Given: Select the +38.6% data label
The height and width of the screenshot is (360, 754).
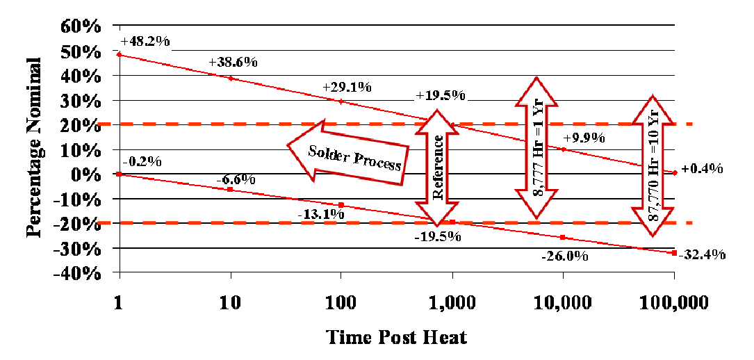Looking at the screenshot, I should click(233, 63).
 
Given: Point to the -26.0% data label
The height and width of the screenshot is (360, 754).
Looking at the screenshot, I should click(565, 256).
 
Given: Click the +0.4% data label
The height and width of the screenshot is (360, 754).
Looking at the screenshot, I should click(702, 169).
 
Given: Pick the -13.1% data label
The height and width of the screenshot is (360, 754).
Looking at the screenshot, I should click(320, 215).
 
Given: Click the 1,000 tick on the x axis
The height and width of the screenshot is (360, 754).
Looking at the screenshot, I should click(452, 303).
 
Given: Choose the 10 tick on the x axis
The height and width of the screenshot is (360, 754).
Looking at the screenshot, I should click(230, 303).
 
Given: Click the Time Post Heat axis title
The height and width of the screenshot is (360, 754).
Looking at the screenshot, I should click(397, 338).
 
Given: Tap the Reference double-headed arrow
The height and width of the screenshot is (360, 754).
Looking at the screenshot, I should click(437, 168).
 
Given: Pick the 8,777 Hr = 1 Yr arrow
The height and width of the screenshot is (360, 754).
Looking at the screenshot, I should click(536, 147).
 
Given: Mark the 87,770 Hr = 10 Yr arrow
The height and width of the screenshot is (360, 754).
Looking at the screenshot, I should click(653, 165).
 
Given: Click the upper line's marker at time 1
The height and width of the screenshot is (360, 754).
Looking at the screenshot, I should click(120, 54).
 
